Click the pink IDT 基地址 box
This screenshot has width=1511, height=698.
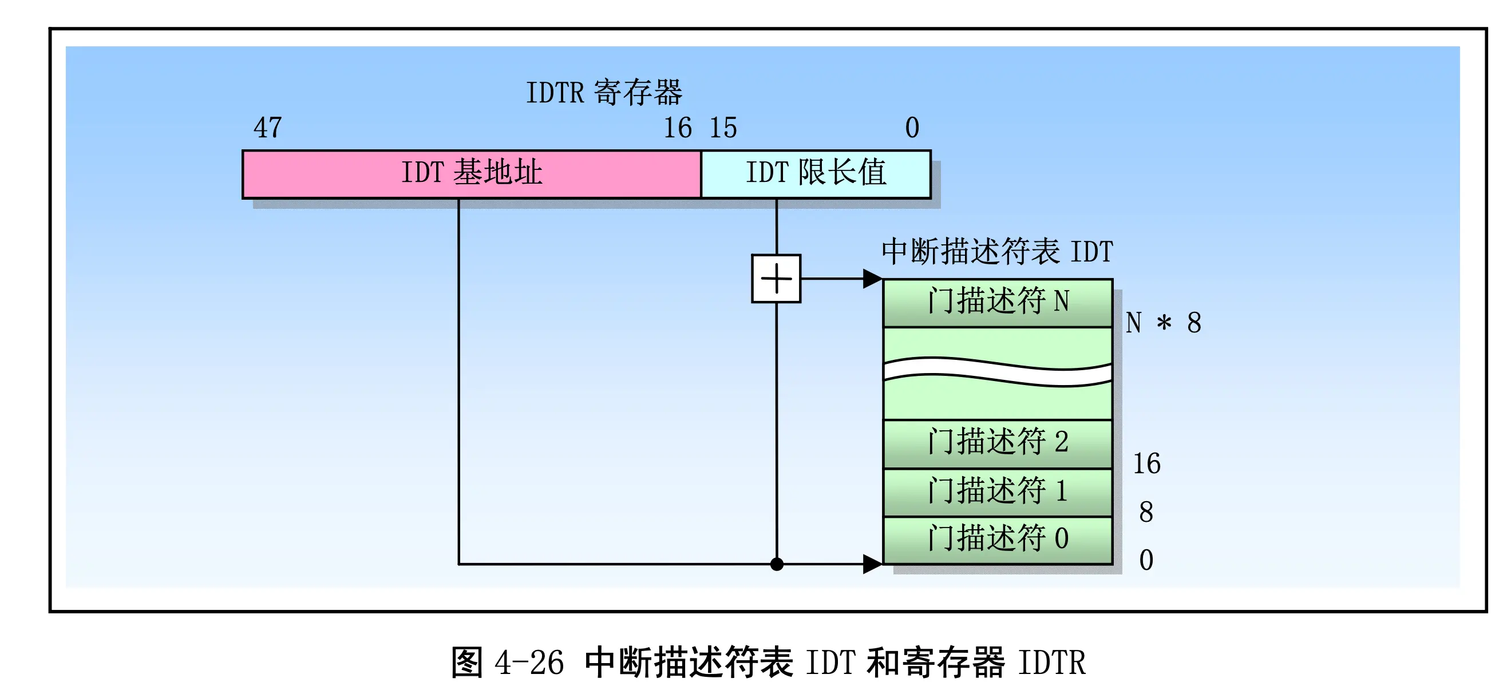tap(472, 174)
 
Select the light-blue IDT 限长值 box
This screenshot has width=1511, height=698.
tap(816, 174)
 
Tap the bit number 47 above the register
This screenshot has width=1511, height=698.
tap(267, 127)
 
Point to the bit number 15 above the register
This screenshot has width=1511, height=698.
tap(723, 127)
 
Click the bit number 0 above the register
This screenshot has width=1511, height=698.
tap(912, 127)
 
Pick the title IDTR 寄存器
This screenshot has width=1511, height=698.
tap(604, 92)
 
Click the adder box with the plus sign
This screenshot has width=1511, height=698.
tap(776, 279)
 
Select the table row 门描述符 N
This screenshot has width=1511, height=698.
tap(998, 303)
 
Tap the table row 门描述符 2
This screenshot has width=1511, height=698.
tap(998, 444)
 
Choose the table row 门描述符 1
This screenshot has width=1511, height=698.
tap(998, 493)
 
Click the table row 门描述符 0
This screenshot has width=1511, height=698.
tap(998, 540)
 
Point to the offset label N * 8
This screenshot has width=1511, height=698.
tap(1163, 323)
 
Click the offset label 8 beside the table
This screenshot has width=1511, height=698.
tap(1146, 512)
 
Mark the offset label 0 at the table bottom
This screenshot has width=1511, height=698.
tap(1146, 560)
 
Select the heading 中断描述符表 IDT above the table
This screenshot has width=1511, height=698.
tap(997, 252)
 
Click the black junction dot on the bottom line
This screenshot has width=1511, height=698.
tap(777, 564)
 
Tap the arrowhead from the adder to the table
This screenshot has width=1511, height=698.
tap(873, 279)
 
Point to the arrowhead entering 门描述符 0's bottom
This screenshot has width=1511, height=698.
tap(873, 564)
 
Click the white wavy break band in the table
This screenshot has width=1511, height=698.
tap(998, 372)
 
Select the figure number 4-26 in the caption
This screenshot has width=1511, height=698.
tap(529, 662)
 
